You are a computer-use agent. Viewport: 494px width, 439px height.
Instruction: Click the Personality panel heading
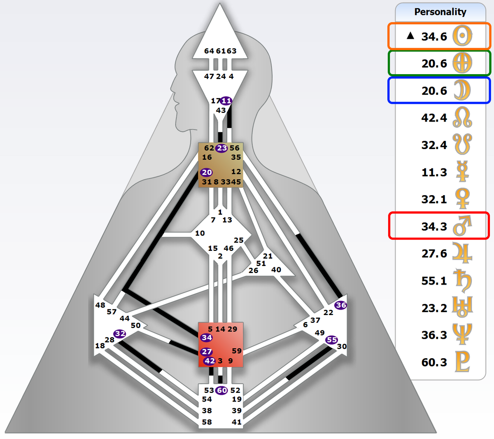[x=440, y=12]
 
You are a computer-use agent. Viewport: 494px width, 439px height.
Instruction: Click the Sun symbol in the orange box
[x=462, y=36]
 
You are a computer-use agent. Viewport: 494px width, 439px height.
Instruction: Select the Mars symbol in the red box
[x=462, y=226]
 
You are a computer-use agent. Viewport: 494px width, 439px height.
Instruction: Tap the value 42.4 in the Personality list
[x=434, y=118]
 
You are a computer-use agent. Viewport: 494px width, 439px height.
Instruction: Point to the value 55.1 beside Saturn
[x=434, y=281]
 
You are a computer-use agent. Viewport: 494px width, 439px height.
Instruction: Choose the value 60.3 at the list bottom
[x=434, y=362]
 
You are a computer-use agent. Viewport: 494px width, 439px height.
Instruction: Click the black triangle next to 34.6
[x=410, y=36]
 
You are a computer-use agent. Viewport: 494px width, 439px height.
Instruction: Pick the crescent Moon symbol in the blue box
[x=462, y=91]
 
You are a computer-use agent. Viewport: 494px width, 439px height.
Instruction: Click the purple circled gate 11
[x=226, y=101]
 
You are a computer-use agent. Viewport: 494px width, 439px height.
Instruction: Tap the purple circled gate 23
[x=222, y=148]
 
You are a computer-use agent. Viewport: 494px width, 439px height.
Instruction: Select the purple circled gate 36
[x=340, y=305]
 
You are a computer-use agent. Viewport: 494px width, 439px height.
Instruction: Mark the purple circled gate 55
[x=331, y=340]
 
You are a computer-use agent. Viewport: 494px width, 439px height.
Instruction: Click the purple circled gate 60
[x=222, y=390]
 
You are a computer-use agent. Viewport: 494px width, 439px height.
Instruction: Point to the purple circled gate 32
[x=120, y=334]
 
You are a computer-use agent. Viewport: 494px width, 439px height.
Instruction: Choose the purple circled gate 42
[x=210, y=361]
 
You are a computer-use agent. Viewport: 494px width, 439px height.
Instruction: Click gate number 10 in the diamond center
[x=200, y=233]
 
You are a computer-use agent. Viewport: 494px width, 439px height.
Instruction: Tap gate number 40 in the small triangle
[x=276, y=270]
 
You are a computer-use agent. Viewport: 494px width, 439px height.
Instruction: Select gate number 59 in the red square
[x=237, y=351]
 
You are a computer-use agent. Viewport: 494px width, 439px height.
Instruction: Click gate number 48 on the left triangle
[x=100, y=305]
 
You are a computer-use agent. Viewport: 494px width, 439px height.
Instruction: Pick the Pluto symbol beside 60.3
[x=462, y=362]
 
